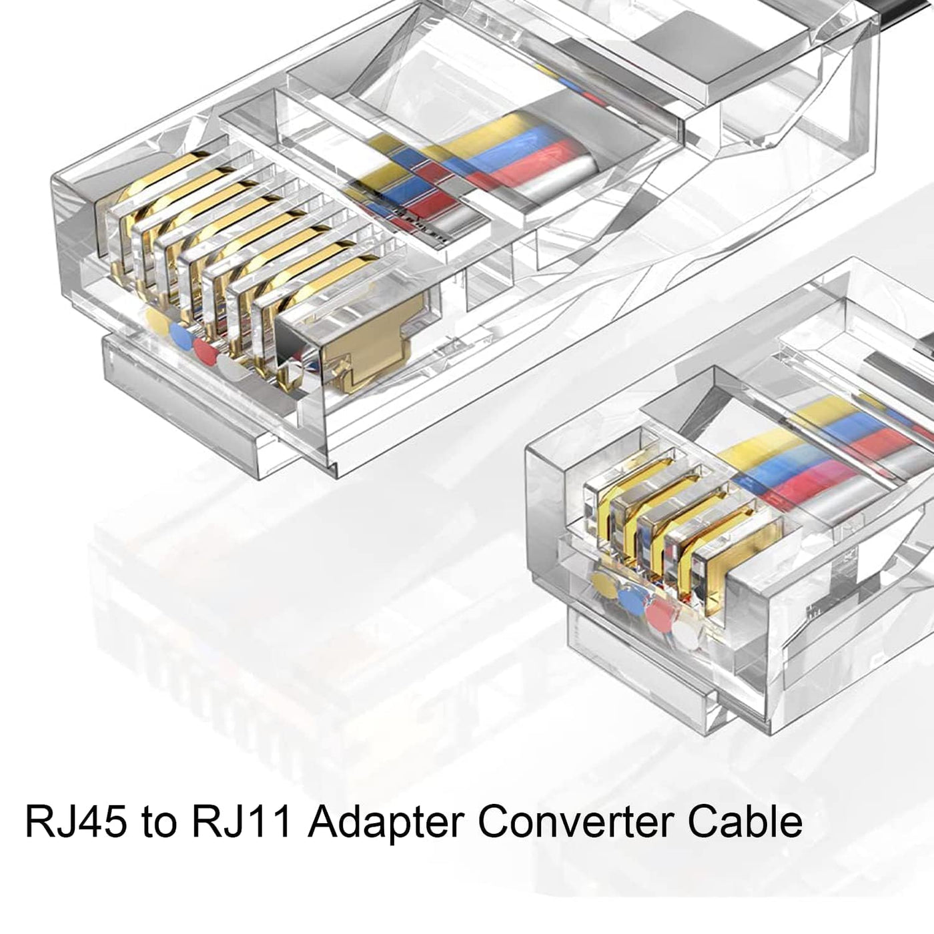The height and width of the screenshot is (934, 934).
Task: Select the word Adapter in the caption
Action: pos(384,822)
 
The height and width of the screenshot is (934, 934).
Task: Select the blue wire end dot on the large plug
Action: pos(179,334)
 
